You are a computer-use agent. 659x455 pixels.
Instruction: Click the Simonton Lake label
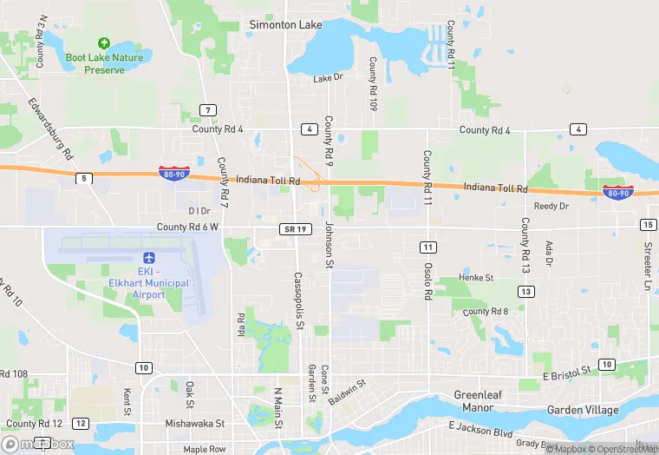[x=285, y=25]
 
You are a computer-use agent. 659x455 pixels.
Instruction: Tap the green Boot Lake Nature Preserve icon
[x=104, y=43]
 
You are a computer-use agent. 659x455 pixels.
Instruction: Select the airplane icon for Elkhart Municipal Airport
[x=147, y=258]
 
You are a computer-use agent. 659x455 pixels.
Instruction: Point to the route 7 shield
[x=207, y=109]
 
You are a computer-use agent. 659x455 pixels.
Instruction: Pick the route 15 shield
[x=648, y=225]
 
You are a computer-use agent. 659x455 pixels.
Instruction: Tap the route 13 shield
[x=525, y=292]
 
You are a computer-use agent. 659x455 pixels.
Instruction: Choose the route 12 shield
[x=80, y=423]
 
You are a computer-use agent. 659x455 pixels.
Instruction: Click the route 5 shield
[x=83, y=178]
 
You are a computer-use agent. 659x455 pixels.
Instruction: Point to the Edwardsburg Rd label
[x=51, y=129]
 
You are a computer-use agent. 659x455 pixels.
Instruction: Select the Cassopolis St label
[x=298, y=300]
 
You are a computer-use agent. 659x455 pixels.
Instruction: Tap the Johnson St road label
[x=329, y=243]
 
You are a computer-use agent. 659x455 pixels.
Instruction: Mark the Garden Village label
[x=583, y=410]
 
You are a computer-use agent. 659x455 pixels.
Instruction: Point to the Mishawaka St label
[x=195, y=424]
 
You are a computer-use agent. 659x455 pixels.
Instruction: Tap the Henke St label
[x=476, y=278]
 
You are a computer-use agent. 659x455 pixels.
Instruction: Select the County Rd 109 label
[x=372, y=84]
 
